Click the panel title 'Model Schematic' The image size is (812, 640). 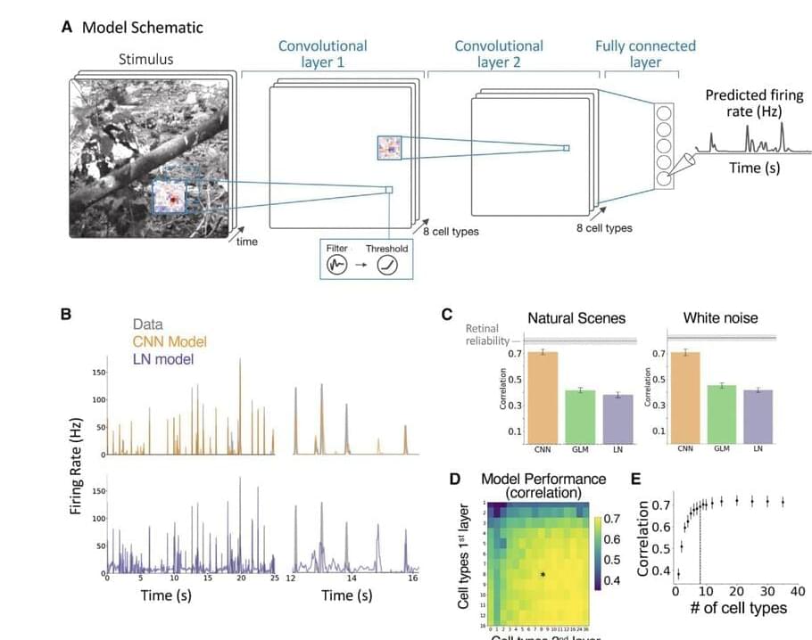[x=143, y=27]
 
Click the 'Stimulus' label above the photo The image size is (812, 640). [x=146, y=60]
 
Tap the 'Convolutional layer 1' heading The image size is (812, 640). [x=322, y=53]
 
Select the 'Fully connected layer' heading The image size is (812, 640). [x=645, y=53]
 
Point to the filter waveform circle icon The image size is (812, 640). [x=337, y=266]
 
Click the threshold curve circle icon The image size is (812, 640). [x=386, y=266]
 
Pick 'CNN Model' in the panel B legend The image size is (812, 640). [x=170, y=342]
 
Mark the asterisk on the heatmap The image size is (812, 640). [x=543, y=575]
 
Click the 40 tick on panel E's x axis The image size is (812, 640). [x=798, y=591]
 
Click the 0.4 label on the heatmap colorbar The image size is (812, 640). [x=612, y=580]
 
